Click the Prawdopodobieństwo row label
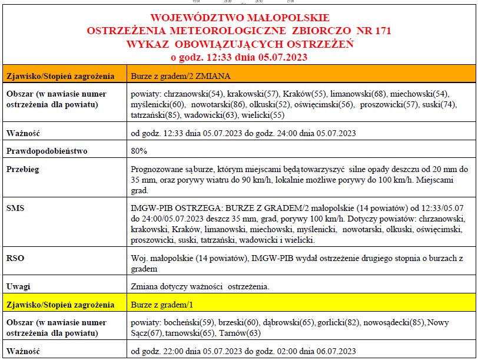pos(47,151)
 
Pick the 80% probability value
pos(139,151)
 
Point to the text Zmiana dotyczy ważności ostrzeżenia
pos(200,287)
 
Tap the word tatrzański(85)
pos(156,115)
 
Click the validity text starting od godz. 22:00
pos(244,351)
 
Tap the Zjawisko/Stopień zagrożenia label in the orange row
pos(59,77)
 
